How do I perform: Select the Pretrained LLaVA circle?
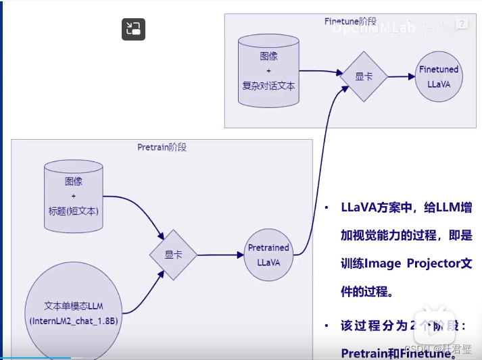pos(268,255)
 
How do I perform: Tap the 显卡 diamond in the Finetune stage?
pos(364,76)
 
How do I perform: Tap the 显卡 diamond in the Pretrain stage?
pos(173,255)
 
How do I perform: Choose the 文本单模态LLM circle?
pos(74,313)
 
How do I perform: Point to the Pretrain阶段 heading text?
pos(162,147)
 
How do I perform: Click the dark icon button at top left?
pos(133,29)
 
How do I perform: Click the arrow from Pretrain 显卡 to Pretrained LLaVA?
pos(220,255)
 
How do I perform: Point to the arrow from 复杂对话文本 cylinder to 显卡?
pos(320,71)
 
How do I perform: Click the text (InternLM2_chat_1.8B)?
pos(74,321)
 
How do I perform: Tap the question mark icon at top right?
pos(463,24)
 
